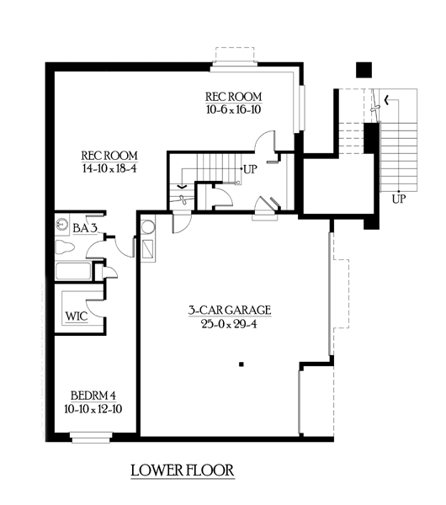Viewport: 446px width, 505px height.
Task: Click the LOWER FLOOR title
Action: tap(183, 470)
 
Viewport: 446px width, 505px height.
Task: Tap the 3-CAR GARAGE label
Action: tap(230, 310)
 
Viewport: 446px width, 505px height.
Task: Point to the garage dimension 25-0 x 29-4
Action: tap(229, 324)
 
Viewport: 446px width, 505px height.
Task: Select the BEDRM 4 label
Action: tap(93, 396)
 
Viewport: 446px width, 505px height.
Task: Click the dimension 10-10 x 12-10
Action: tap(93, 409)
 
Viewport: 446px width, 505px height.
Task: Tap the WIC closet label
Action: tap(77, 316)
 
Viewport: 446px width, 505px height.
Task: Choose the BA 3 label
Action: tap(85, 228)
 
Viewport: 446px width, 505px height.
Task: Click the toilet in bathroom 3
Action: tap(65, 247)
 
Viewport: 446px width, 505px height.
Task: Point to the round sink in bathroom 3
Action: tap(61, 224)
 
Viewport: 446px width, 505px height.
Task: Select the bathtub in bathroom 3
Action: tap(73, 271)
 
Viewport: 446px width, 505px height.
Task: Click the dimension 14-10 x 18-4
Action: tap(109, 168)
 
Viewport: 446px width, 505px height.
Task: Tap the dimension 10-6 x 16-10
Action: tap(233, 109)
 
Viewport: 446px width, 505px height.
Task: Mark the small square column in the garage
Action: tap(242, 364)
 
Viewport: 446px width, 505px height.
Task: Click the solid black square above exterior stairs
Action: tap(364, 70)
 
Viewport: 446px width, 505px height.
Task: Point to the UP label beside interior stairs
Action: tap(250, 169)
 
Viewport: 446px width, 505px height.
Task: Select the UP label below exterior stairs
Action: tap(399, 199)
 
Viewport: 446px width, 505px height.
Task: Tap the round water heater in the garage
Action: tap(148, 226)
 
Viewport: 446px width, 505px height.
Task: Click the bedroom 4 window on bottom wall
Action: tap(91, 437)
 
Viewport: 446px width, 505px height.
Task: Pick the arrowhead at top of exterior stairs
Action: tap(386, 100)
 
